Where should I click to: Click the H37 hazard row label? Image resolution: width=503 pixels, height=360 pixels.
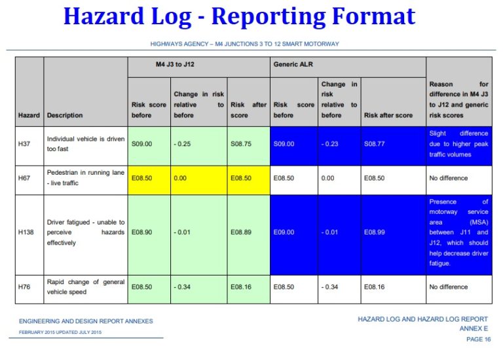tap(26, 144)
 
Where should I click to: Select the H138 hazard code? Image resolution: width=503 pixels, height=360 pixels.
tap(28, 232)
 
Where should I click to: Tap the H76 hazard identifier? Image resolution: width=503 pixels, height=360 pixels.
tap(26, 287)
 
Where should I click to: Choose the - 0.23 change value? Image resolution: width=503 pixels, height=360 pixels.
tap(332, 144)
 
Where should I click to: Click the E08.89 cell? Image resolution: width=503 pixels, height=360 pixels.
tap(242, 232)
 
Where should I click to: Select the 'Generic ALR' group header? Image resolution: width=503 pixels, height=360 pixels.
tap(293, 65)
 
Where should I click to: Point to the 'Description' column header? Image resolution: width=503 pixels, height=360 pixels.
tap(65, 115)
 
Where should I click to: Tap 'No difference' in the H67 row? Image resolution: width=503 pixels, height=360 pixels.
tap(449, 177)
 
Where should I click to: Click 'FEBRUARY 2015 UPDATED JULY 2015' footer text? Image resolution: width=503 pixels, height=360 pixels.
tap(55, 332)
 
